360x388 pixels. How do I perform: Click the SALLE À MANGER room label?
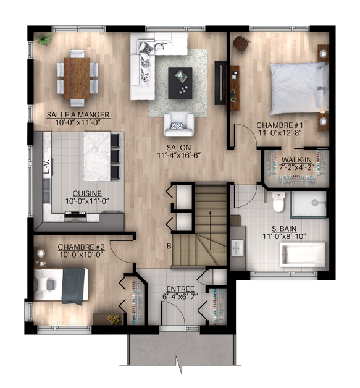click(78, 115)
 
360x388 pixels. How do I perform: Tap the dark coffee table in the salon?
click(180, 83)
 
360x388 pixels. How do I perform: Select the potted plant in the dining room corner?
click(44, 39)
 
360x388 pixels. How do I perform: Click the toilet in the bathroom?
click(278, 201)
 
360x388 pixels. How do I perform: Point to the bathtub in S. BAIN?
click(303, 255)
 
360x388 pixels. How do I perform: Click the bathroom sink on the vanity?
click(238, 248)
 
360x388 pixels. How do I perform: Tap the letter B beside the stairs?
click(169, 247)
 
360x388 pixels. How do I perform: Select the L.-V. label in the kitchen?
click(47, 167)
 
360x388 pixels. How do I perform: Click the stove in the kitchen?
click(75, 216)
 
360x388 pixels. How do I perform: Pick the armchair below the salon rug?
click(178, 124)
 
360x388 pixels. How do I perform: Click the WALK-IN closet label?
click(296, 160)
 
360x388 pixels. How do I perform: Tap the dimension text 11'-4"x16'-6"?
click(178, 156)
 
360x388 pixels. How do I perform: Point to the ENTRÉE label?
click(180, 289)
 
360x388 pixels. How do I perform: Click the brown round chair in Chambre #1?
click(241, 44)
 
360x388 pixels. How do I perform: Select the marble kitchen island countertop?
click(97, 157)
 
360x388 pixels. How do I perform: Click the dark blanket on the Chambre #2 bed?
click(73, 286)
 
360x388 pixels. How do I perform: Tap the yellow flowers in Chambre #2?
click(114, 319)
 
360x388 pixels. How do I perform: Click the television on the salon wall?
click(220, 83)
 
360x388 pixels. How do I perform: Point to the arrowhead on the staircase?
click(210, 212)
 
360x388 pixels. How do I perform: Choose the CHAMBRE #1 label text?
click(279, 125)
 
